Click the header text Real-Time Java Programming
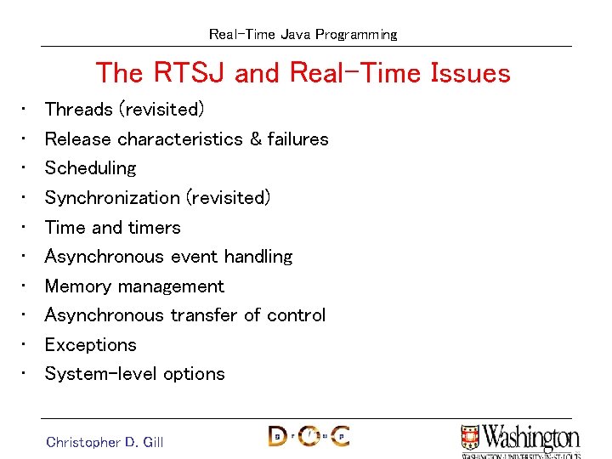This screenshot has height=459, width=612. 303,35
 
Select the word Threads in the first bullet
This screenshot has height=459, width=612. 78,110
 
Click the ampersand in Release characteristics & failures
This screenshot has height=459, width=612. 255,139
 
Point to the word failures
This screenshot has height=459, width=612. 297,139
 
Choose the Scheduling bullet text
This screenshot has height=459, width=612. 90,168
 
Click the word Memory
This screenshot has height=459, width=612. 78,286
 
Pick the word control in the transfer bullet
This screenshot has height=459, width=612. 296,315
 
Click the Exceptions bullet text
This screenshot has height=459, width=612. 90,345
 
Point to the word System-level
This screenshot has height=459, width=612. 99,374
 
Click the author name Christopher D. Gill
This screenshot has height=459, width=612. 105,442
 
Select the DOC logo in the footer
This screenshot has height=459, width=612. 309,436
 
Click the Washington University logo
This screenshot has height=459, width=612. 520,440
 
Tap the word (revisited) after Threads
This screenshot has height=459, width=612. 161,110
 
